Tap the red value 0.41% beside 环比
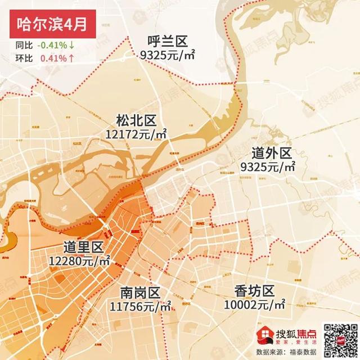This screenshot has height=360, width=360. click(x=52, y=58)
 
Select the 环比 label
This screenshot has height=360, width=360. click(x=23, y=58)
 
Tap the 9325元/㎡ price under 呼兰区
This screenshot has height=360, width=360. click(x=167, y=55)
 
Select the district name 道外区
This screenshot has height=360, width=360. click(x=271, y=153)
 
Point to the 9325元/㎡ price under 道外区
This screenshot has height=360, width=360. click(x=268, y=166)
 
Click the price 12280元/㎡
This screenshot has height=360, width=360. click(x=79, y=261)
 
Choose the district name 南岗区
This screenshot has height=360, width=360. click(x=141, y=292)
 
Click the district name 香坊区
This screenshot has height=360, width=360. click(x=254, y=291)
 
